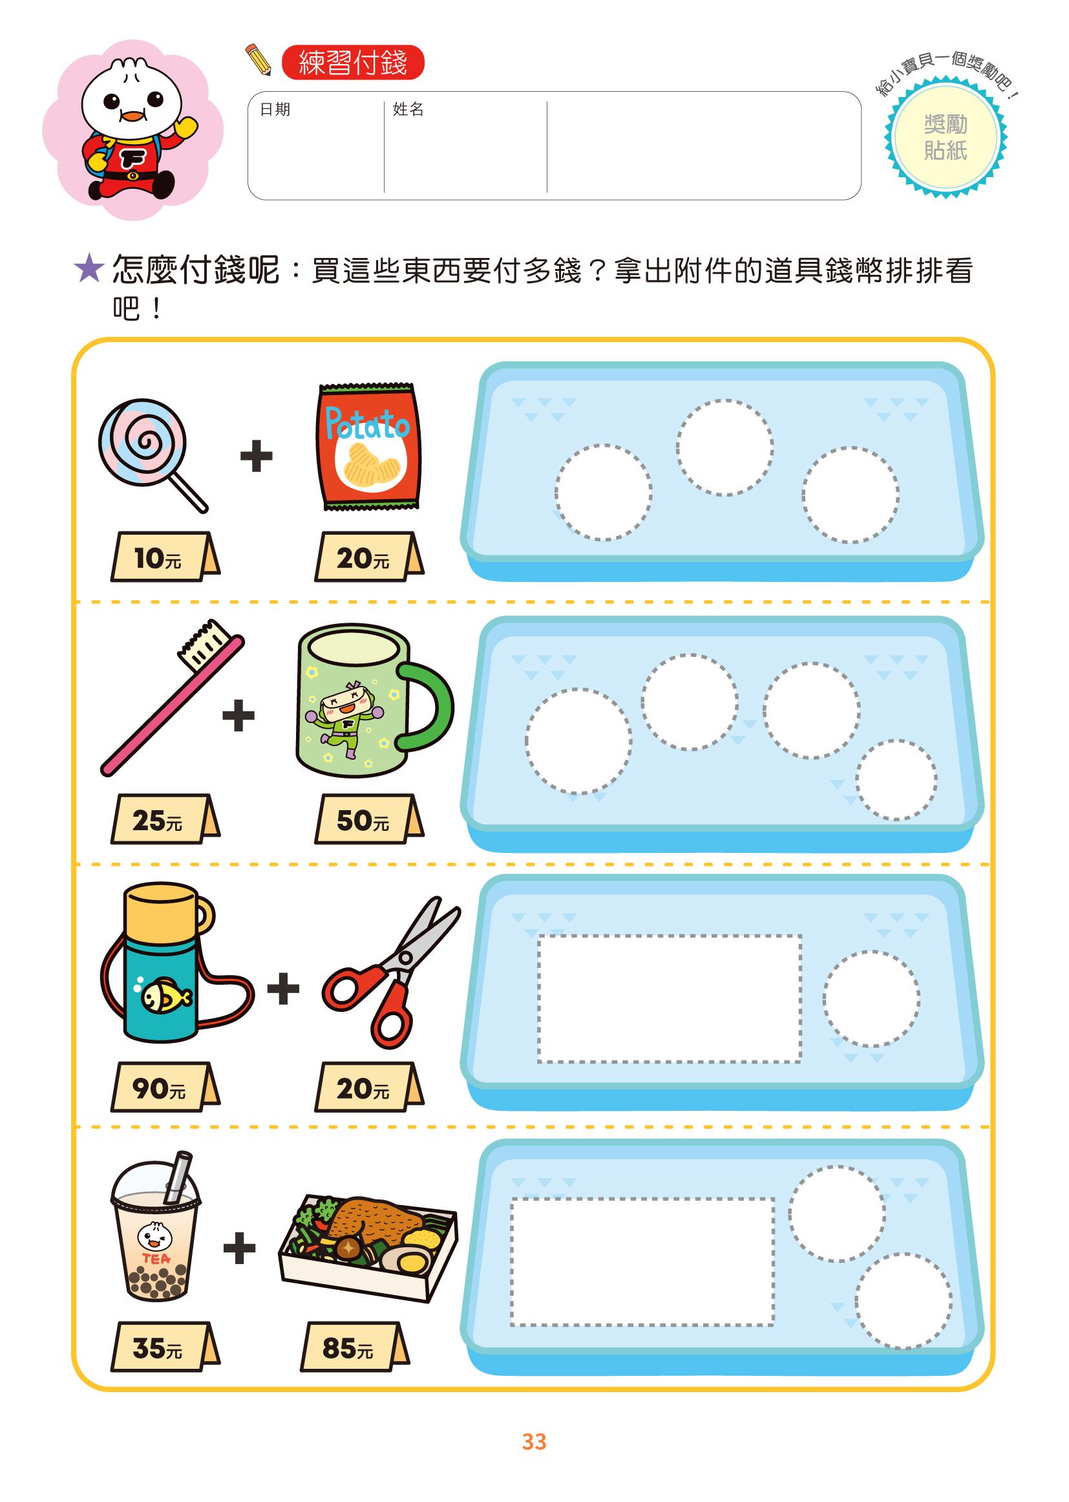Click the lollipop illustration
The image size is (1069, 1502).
[143, 443]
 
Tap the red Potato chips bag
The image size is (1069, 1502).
[368, 446]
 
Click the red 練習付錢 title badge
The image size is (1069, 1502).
[353, 63]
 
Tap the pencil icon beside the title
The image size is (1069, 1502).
[258, 59]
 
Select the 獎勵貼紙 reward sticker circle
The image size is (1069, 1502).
[946, 138]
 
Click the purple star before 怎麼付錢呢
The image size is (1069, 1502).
[89, 270]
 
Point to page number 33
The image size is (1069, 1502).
[534, 1441]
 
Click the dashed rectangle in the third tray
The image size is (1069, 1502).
[670, 998]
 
